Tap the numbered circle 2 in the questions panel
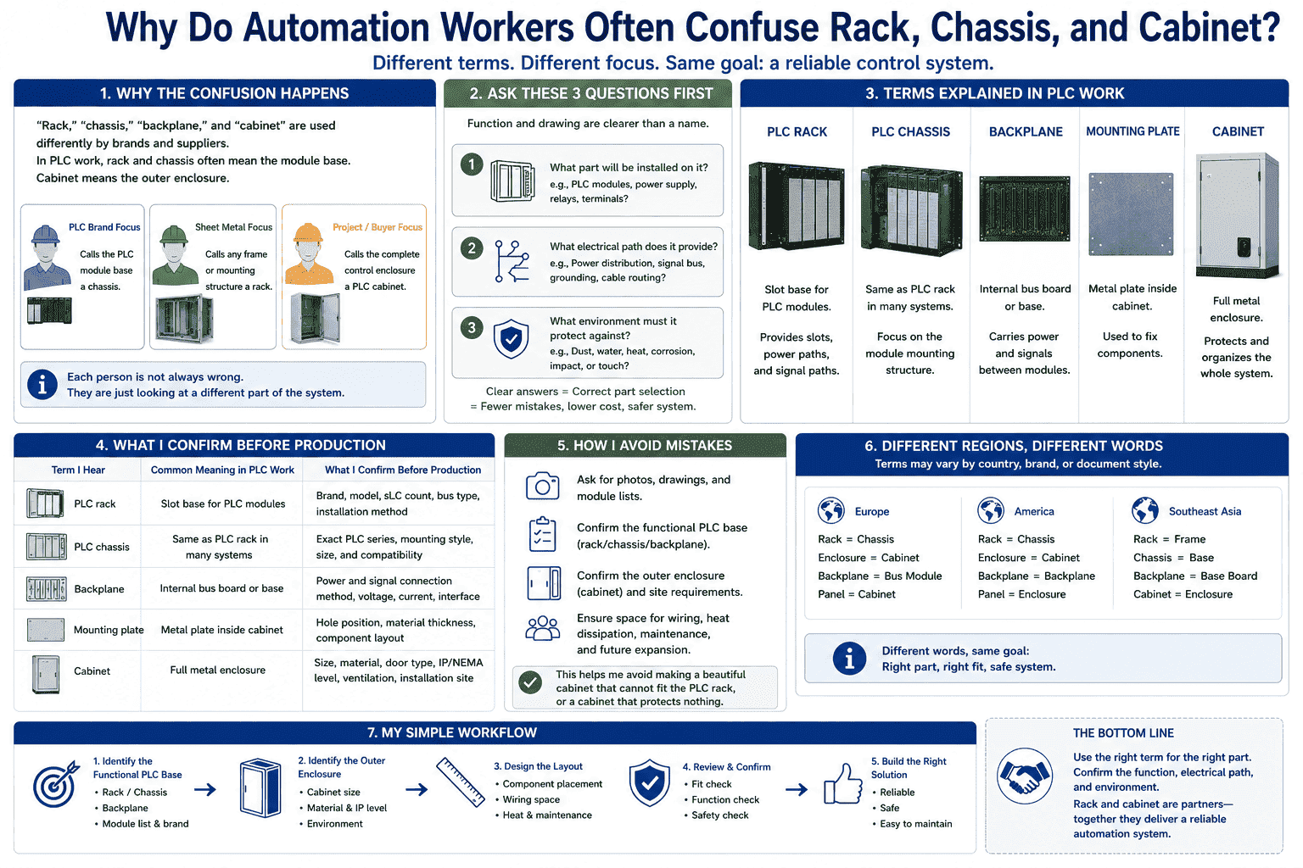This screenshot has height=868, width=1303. [472, 248]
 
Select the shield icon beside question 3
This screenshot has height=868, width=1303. [511, 338]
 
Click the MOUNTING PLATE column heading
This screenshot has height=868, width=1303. [1132, 131]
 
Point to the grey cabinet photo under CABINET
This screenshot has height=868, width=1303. [1238, 215]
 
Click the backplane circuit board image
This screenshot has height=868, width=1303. [1025, 209]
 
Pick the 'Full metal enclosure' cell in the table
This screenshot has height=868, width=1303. [217, 670]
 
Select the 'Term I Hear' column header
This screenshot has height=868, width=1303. [78, 470]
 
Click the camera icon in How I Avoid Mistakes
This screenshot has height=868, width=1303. [542, 486]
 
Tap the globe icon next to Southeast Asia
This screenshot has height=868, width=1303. [1144, 510]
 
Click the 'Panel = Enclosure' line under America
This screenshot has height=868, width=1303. [1021, 594]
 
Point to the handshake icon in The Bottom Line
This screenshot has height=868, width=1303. [1025, 776]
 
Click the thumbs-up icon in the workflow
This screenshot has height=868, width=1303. [842, 784]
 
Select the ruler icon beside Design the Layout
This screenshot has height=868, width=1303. [460, 782]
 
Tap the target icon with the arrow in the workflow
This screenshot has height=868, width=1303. [57, 784]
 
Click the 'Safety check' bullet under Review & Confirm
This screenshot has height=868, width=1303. [719, 815]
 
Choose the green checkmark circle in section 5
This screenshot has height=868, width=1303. [530, 682]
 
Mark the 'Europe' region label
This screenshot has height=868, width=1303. [871, 512]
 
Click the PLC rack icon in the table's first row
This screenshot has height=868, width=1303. [45, 504]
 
